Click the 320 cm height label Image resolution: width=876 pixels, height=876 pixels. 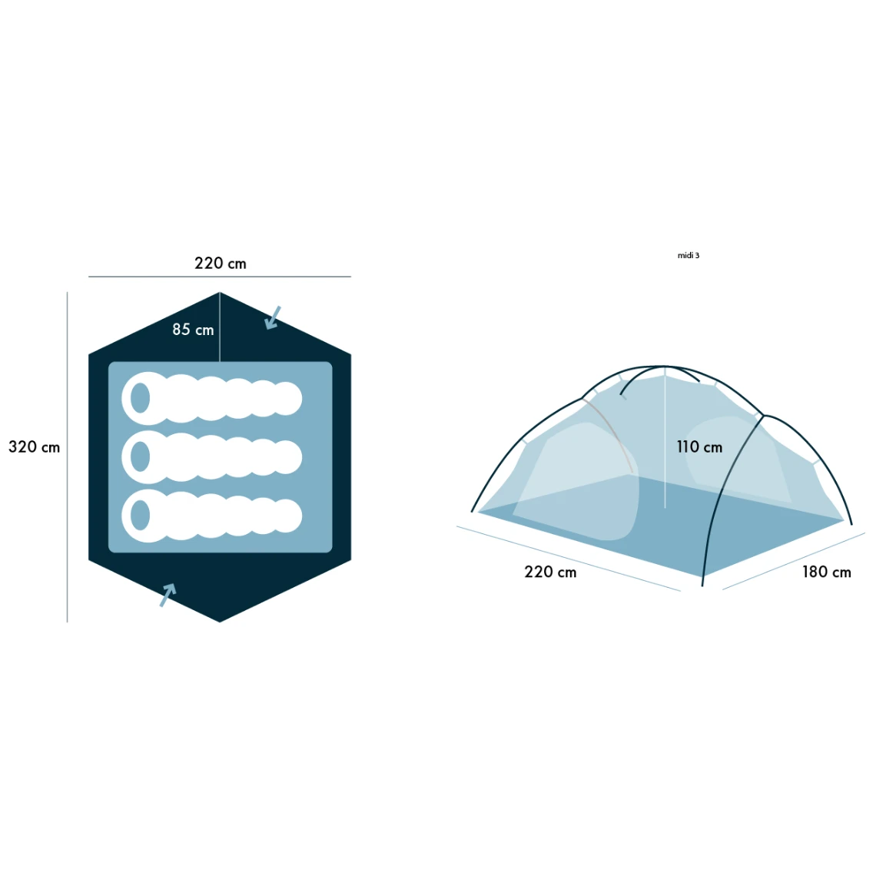pyautogui.click(x=34, y=447)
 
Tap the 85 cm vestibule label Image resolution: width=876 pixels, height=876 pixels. pyautogui.click(x=193, y=330)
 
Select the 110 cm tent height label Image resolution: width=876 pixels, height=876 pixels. pyautogui.click(x=699, y=447)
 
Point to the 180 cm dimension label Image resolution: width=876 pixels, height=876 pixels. pyautogui.click(x=826, y=572)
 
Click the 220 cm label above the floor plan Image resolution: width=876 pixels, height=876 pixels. pyautogui.click(x=220, y=263)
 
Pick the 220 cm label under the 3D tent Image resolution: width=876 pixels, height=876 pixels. pyautogui.click(x=550, y=572)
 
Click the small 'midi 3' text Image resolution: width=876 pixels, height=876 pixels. pyautogui.click(x=689, y=255)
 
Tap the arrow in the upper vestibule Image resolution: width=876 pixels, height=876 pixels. pyautogui.click(x=273, y=317)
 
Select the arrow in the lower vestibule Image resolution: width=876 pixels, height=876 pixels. pyautogui.click(x=168, y=595)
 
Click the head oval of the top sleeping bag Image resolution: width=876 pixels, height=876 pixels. pyautogui.click(x=140, y=398)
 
